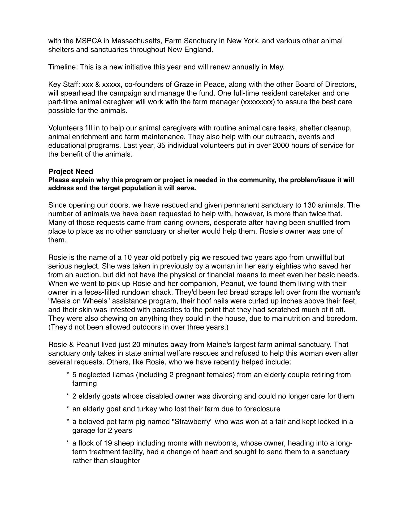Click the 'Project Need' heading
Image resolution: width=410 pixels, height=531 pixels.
tap(71, 172)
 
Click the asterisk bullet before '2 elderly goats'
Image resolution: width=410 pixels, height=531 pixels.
tap(68, 396)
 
